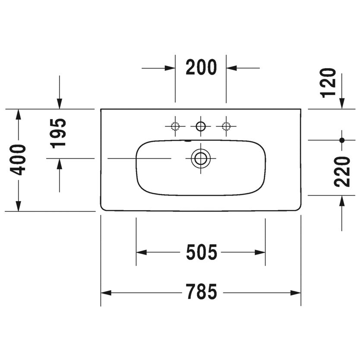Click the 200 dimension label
pyautogui.click(x=201, y=68)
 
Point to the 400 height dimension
pyautogui.click(x=19, y=160)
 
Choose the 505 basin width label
pyautogui.click(x=201, y=253)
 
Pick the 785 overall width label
pyautogui.click(x=201, y=293)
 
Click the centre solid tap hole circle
pyautogui.click(x=201, y=126)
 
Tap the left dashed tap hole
pyautogui.click(x=175, y=126)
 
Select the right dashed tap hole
pyautogui.click(x=226, y=126)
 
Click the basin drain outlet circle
pyautogui.click(x=201, y=158)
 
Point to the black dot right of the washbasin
pyautogui.click(x=342, y=140)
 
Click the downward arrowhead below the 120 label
pyautogui.click(x=342, y=103)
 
